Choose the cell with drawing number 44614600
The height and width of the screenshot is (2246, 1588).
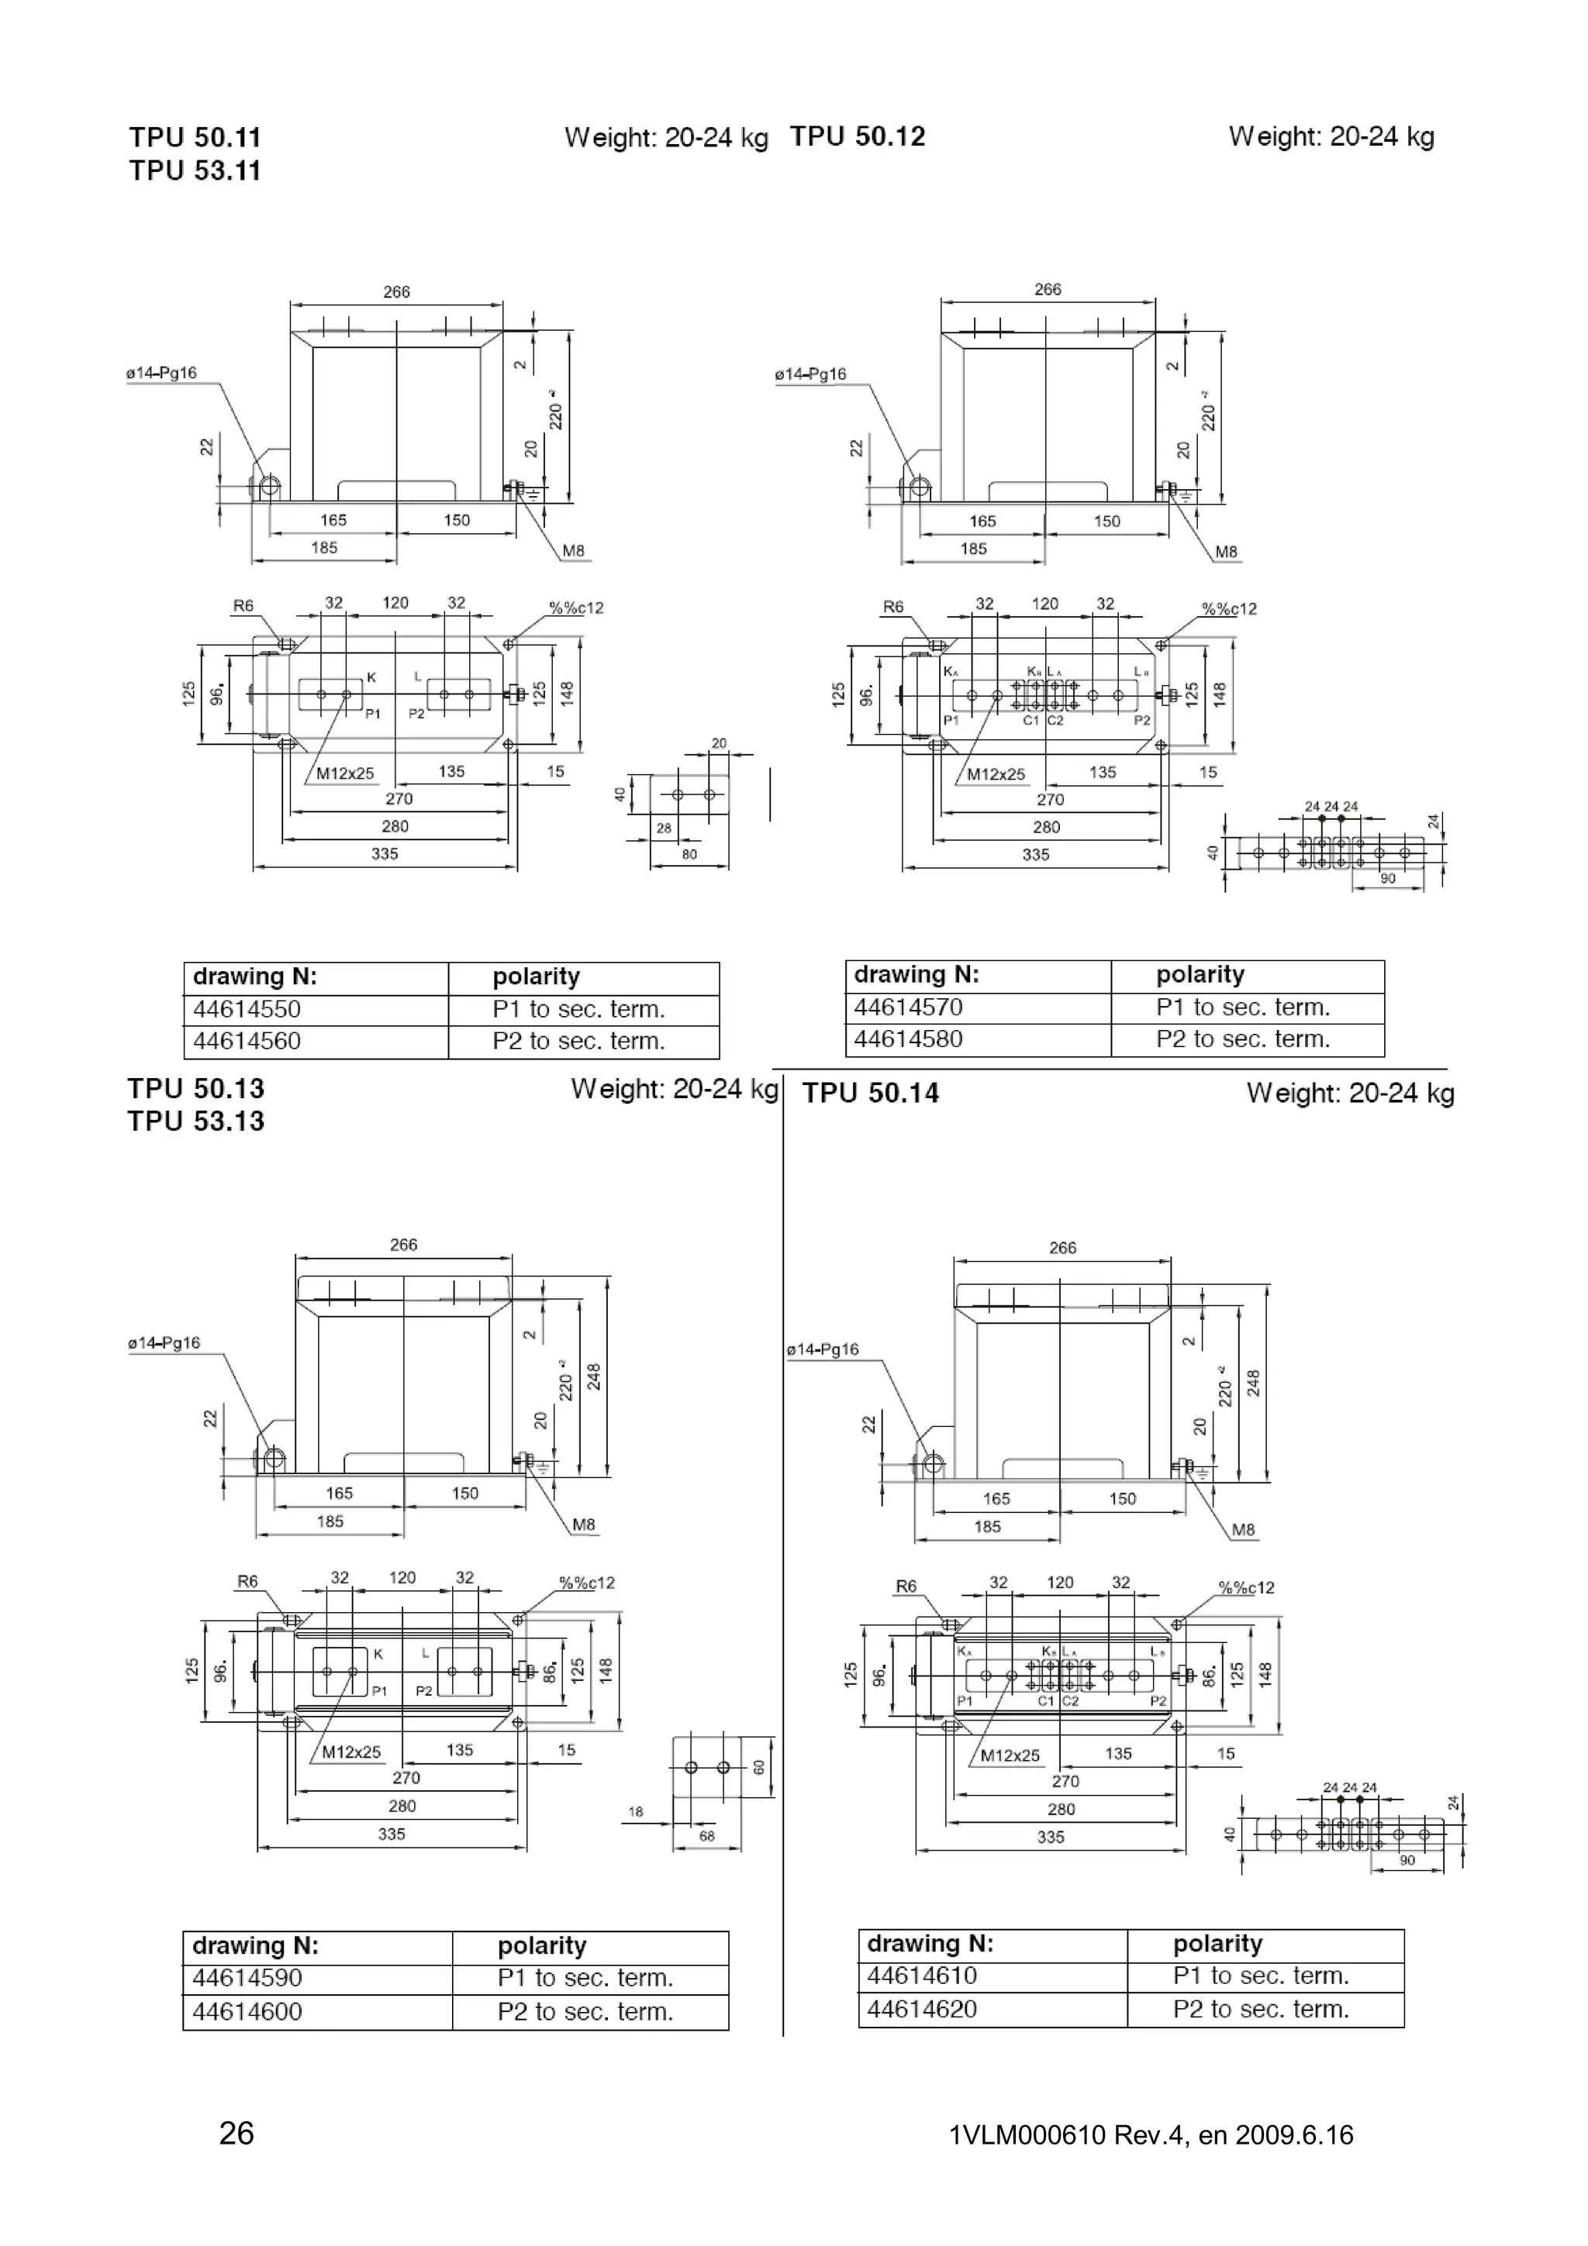(247, 2011)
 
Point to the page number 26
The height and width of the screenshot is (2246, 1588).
(236, 2133)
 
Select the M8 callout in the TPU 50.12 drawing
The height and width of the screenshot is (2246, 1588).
(1225, 552)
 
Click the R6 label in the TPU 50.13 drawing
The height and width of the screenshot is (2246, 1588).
(247, 1582)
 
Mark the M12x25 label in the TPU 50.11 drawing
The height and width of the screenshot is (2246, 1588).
(345, 773)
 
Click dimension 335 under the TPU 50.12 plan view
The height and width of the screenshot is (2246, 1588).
(1035, 854)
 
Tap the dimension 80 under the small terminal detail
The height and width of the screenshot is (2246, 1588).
(690, 854)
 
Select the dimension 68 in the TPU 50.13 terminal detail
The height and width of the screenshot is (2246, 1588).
(706, 1836)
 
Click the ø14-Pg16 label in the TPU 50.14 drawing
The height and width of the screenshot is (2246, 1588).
(822, 1350)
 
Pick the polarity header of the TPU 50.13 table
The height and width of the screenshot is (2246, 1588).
(541, 1946)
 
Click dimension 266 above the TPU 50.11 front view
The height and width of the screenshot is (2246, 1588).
(396, 291)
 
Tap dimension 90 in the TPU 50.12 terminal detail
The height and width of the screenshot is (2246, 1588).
(1387, 878)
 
